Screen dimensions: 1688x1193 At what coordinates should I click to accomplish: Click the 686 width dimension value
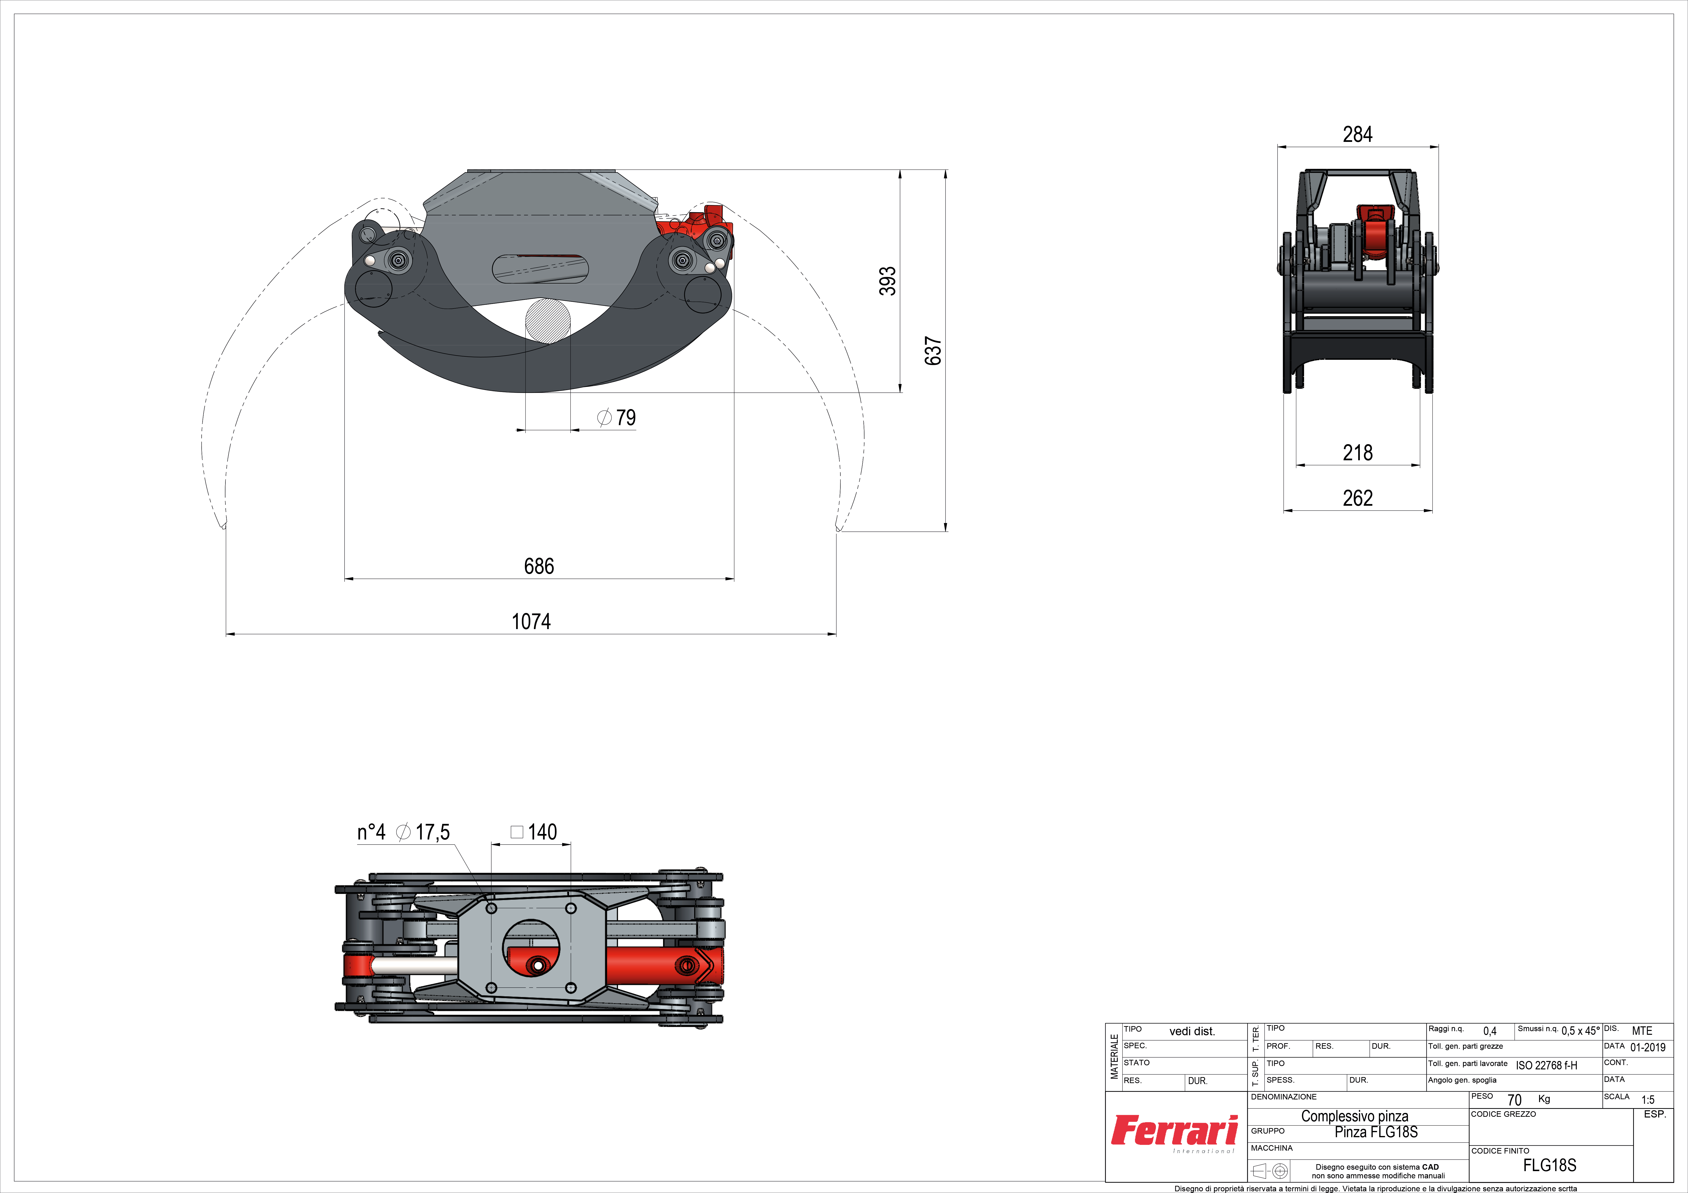click(x=539, y=566)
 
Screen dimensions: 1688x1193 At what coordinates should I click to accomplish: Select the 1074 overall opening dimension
click(x=531, y=622)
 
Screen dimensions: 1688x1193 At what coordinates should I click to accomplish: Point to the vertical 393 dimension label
click(x=888, y=281)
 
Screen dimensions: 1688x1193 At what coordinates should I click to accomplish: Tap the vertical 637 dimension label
click(x=933, y=351)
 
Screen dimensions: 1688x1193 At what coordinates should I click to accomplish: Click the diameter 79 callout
click(x=616, y=417)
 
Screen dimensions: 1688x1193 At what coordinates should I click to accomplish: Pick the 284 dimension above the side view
click(x=1357, y=134)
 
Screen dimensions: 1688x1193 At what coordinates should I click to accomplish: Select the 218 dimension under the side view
click(x=1357, y=453)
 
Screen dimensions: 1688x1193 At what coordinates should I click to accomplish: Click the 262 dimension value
click(x=1357, y=498)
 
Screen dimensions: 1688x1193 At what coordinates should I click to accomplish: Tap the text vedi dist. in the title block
click(x=1192, y=1031)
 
